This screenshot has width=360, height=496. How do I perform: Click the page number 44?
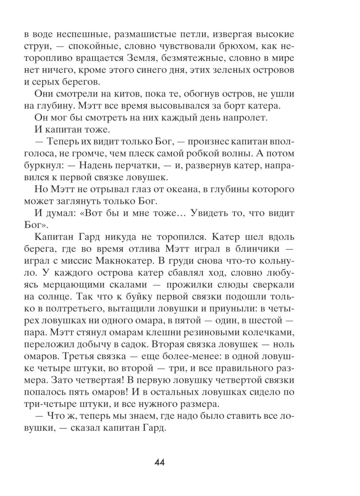click(x=159, y=462)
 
